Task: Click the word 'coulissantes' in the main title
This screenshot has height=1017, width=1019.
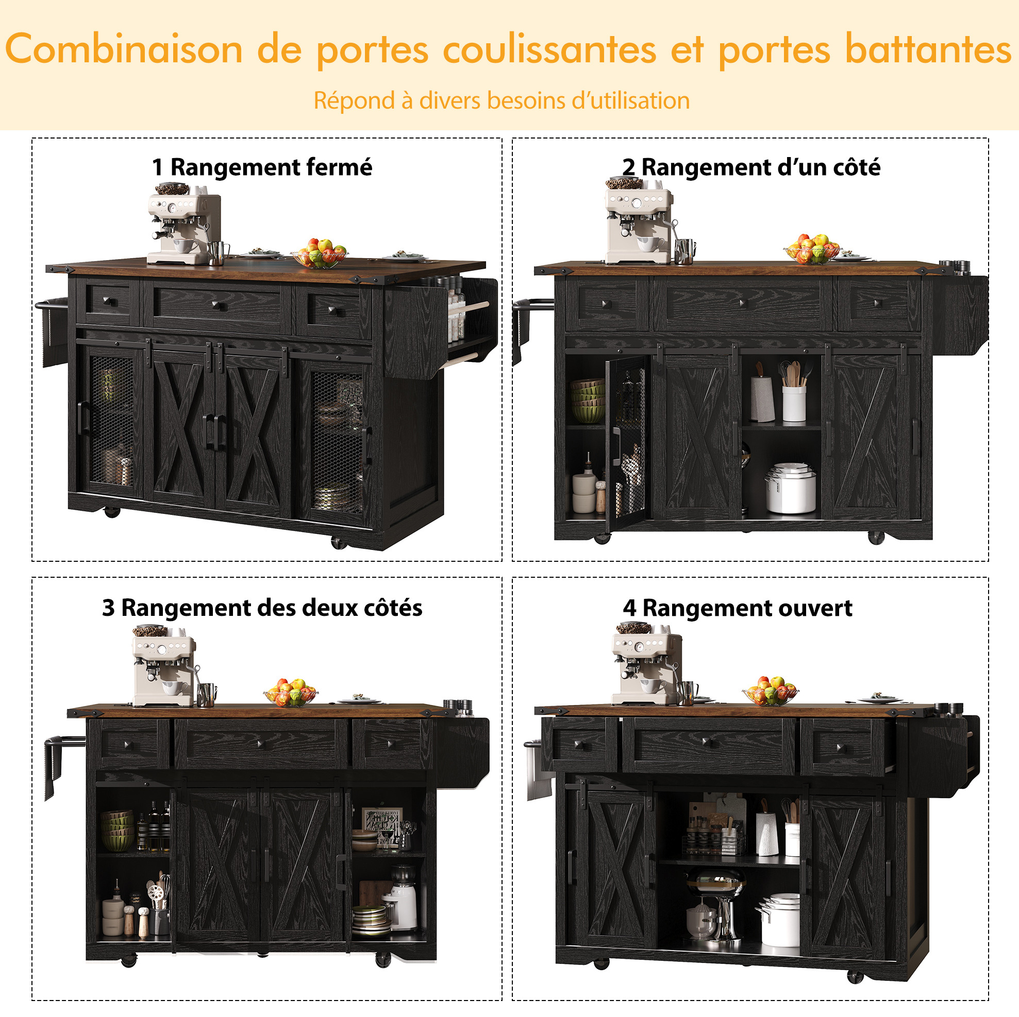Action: click(549, 49)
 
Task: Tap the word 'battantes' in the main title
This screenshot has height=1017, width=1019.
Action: click(928, 48)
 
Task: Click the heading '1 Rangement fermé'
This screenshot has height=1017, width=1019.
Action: click(262, 167)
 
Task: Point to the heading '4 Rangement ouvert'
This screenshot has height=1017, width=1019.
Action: click(738, 608)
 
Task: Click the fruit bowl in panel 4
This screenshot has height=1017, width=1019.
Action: click(770, 691)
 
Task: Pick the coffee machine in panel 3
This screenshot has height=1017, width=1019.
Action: click(165, 665)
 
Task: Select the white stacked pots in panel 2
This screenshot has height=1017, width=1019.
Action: click(790, 488)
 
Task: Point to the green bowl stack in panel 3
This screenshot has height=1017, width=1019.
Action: click(117, 831)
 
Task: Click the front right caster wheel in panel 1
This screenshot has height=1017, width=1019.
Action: click(338, 542)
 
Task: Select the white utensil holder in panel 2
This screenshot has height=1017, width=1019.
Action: click(794, 403)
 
